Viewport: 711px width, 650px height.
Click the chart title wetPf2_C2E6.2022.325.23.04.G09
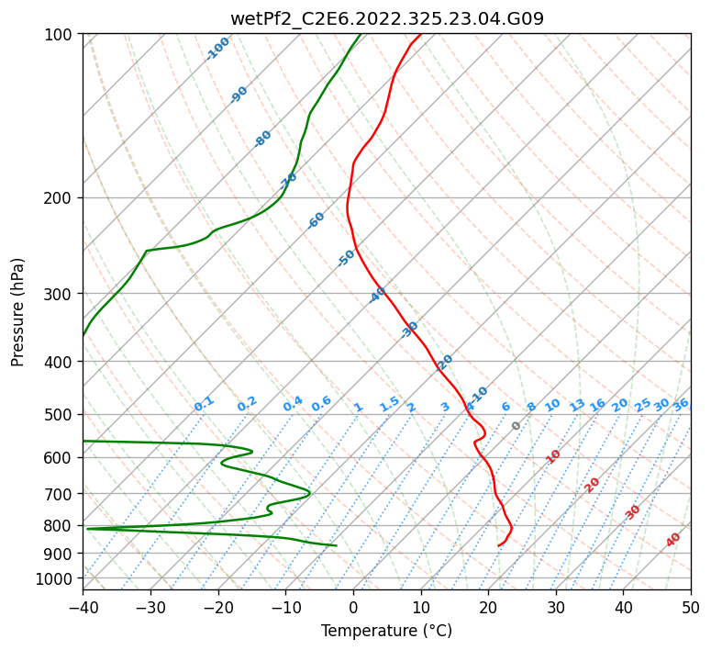coord(386,18)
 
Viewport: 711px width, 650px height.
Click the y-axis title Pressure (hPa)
coord(17,312)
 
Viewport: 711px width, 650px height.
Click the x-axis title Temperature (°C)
coord(386,631)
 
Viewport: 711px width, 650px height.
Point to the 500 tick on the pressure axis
coord(62,414)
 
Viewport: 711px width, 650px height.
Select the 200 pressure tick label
coord(62,197)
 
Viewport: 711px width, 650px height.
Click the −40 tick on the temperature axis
coord(83,608)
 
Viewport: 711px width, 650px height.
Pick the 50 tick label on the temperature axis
coord(691,608)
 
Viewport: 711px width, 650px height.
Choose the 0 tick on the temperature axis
coord(353,608)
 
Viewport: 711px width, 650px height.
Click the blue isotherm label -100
coord(218,49)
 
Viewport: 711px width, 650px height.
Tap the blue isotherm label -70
coord(289,180)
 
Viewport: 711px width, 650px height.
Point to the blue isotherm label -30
coord(410,329)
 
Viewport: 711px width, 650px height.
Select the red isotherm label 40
coord(673,541)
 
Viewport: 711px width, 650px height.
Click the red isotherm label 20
coord(593,484)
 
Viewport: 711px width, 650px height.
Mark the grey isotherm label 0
coord(517,426)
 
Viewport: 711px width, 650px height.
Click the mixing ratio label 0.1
coord(204,404)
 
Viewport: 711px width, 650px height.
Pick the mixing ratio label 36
coord(681,404)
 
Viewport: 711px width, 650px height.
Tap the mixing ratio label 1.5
coord(389,404)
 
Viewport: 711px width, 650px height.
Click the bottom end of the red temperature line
coord(498,546)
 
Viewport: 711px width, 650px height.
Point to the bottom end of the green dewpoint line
coord(337,546)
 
